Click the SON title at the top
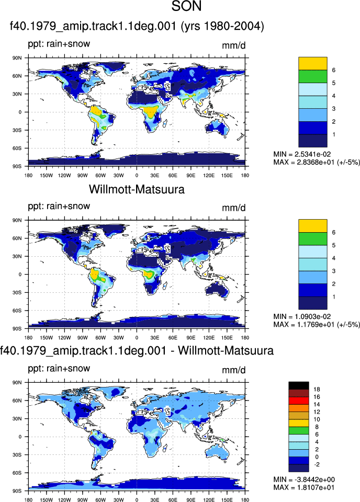tap(187, 6)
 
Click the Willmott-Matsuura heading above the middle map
tap(137, 189)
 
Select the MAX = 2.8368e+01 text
tap(302, 162)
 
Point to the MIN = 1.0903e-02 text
tap(302, 316)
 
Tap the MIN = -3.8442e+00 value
tap(304, 480)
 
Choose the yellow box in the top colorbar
tap(313, 63)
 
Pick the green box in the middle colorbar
tap(313, 239)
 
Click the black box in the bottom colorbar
tap(299, 385)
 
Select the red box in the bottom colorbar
tap(299, 401)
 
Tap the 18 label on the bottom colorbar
tap(317, 389)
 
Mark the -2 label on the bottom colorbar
tap(317, 464)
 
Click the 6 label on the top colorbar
tap(334, 70)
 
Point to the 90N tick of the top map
tap(17, 58)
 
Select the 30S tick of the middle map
tap(17, 293)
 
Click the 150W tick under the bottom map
tap(47, 499)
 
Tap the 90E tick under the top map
tap(191, 175)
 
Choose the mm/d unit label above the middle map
tap(234, 208)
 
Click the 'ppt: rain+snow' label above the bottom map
tap(59, 369)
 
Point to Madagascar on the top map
tap(165, 123)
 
